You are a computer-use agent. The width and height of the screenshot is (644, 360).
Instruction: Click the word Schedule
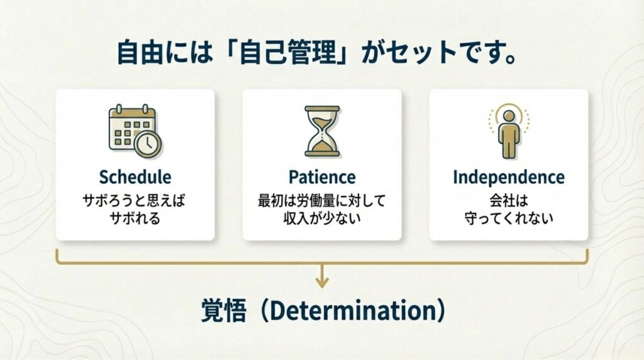(135, 177)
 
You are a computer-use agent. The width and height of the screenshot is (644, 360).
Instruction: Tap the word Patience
(322, 177)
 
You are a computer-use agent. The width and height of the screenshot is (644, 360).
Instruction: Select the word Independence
(508, 177)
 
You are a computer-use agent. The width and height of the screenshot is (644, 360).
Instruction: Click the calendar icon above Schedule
(135, 131)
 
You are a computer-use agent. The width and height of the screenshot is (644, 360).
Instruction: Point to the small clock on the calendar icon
(148, 144)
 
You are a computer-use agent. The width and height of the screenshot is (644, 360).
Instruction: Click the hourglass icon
(323, 131)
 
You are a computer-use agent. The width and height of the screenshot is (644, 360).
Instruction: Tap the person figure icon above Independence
(509, 131)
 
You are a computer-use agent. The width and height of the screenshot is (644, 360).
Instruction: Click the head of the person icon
(509, 116)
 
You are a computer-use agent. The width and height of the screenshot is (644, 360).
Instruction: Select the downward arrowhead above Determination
(323, 283)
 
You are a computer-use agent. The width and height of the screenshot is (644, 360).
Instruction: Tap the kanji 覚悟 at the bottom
(224, 311)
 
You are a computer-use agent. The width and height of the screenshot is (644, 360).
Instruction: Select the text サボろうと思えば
(135, 201)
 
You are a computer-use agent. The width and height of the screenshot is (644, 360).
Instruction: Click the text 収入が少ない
(322, 218)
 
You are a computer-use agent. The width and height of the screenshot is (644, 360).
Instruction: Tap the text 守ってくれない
(509, 218)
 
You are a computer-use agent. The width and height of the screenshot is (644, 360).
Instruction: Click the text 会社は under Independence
(509, 201)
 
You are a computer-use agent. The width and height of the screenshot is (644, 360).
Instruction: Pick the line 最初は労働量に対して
(322, 201)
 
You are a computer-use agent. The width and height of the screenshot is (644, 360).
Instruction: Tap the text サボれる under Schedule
(135, 218)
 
